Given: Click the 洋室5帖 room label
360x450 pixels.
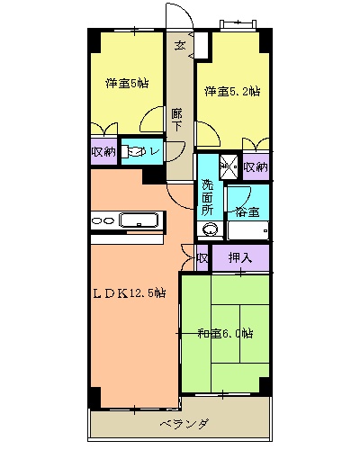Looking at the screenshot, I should (127, 84).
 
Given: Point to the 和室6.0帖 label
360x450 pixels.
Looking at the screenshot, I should (225, 333).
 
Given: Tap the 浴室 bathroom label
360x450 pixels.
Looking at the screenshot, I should (247, 211).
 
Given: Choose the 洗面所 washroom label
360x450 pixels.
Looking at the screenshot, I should (208, 197).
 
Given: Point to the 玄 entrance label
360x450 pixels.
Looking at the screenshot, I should (180, 45).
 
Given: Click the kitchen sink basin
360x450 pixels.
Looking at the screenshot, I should (139, 220).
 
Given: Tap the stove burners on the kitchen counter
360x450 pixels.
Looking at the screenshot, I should (103, 220).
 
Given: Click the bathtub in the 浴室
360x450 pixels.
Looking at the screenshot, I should (247, 230).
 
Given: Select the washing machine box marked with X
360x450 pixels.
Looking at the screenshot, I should (229, 166).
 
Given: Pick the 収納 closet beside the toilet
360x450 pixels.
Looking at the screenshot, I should (103, 152).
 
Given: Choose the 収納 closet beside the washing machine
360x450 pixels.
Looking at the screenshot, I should (256, 166).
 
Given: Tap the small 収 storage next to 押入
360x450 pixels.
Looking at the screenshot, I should (202, 258).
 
